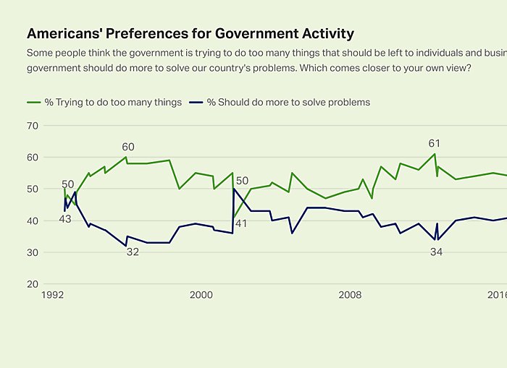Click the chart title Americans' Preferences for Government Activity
(x=190, y=33)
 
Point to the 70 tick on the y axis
(x=32, y=125)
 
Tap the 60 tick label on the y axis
(x=32, y=157)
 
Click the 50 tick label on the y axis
(x=32, y=189)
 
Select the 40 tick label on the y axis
(x=32, y=221)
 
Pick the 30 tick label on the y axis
(x=32, y=252)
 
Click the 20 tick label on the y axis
(x=32, y=284)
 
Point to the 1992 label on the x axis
(x=53, y=295)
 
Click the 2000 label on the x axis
(x=201, y=295)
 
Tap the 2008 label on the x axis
(x=351, y=295)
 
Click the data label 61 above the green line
(x=435, y=143)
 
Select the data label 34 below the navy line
(x=436, y=252)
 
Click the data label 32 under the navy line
(x=133, y=252)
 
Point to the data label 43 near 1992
(x=65, y=219)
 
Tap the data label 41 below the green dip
(x=240, y=224)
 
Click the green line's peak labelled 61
(x=435, y=154)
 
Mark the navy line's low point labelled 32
(x=126, y=246)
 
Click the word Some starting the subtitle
(x=39, y=53)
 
